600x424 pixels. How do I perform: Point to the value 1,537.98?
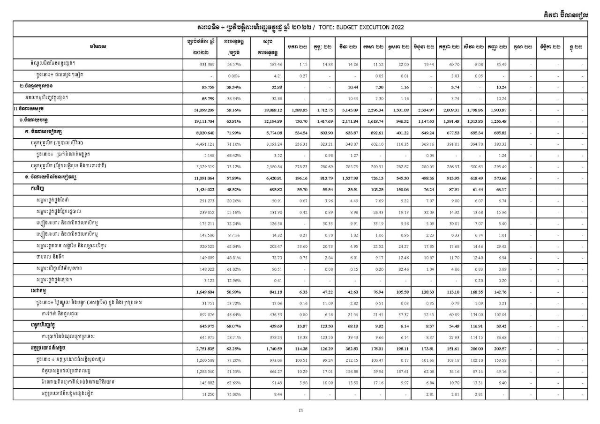click(x=348, y=178)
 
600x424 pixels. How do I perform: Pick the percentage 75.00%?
click(x=234, y=394)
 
